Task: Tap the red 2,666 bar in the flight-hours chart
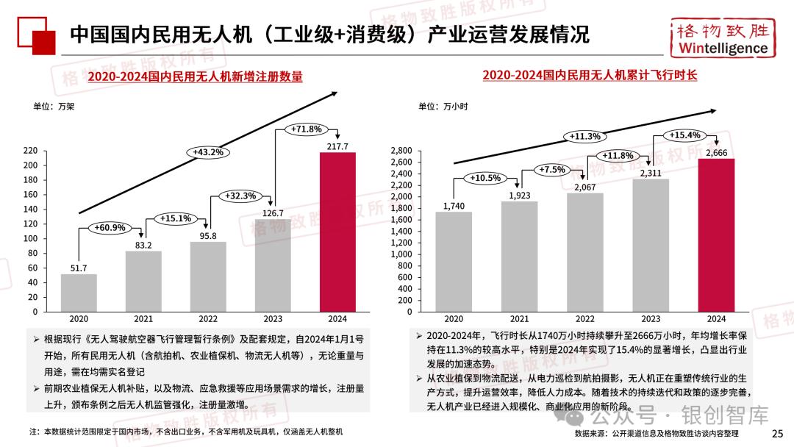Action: pyautogui.click(x=716, y=235)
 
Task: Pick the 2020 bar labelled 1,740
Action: pyautogui.click(x=454, y=261)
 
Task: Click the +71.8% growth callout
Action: pyautogui.click(x=307, y=129)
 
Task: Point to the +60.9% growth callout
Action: pyautogui.click(x=110, y=228)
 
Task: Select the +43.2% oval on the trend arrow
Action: pyautogui.click(x=208, y=152)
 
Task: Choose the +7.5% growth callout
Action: pyautogui.click(x=553, y=170)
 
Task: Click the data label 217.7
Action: pyautogui.click(x=337, y=146)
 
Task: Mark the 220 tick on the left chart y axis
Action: pyautogui.click(x=30, y=150)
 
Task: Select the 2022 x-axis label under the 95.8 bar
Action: pyautogui.click(x=208, y=319)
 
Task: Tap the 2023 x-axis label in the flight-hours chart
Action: pyautogui.click(x=651, y=319)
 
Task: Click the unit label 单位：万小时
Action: pyautogui.click(x=443, y=107)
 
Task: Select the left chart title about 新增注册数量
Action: pyautogui.click(x=195, y=76)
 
